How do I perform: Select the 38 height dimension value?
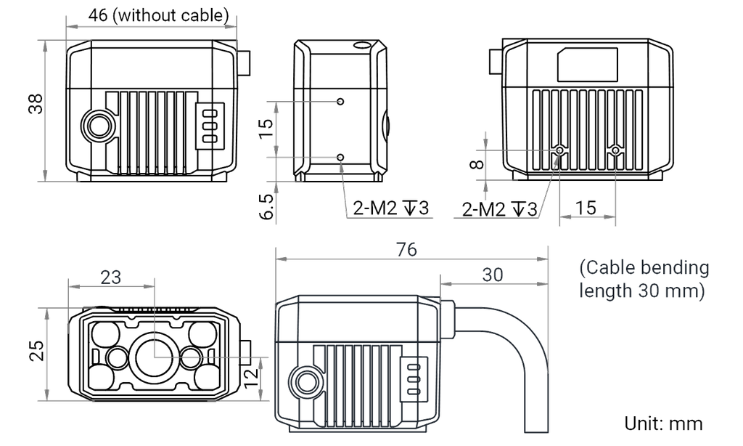pyautogui.click(x=36, y=104)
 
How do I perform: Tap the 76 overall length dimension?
pyautogui.click(x=406, y=249)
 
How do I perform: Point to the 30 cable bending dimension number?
pyautogui.click(x=493, y=275)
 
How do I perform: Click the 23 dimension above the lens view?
pyautogui.click(x=111, y=277)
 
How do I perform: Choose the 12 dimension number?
pyautogui.click(x=252, y=376)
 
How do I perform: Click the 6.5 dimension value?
pyautogui.click(x=267, y=206)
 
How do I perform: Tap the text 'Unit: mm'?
pyautogui.click(x=663, y=423)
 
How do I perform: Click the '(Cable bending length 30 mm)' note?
pyautogui.click(x=644, y=279)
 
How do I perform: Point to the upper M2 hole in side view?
pyautogui.click(x=340, y=102)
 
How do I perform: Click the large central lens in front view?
pyautogui.click(x=154, y=357)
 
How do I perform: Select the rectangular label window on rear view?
pyautogui.click(x=588, y=65)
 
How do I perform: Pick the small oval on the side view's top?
pyautogui.click(x=363, y=46)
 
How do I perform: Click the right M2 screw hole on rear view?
pyautogui.click(x=615, y=151)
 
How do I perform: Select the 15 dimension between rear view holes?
pyautogui.click(x=586, y=207)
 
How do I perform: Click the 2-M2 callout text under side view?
pyautogui.click(x=391, y=207)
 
